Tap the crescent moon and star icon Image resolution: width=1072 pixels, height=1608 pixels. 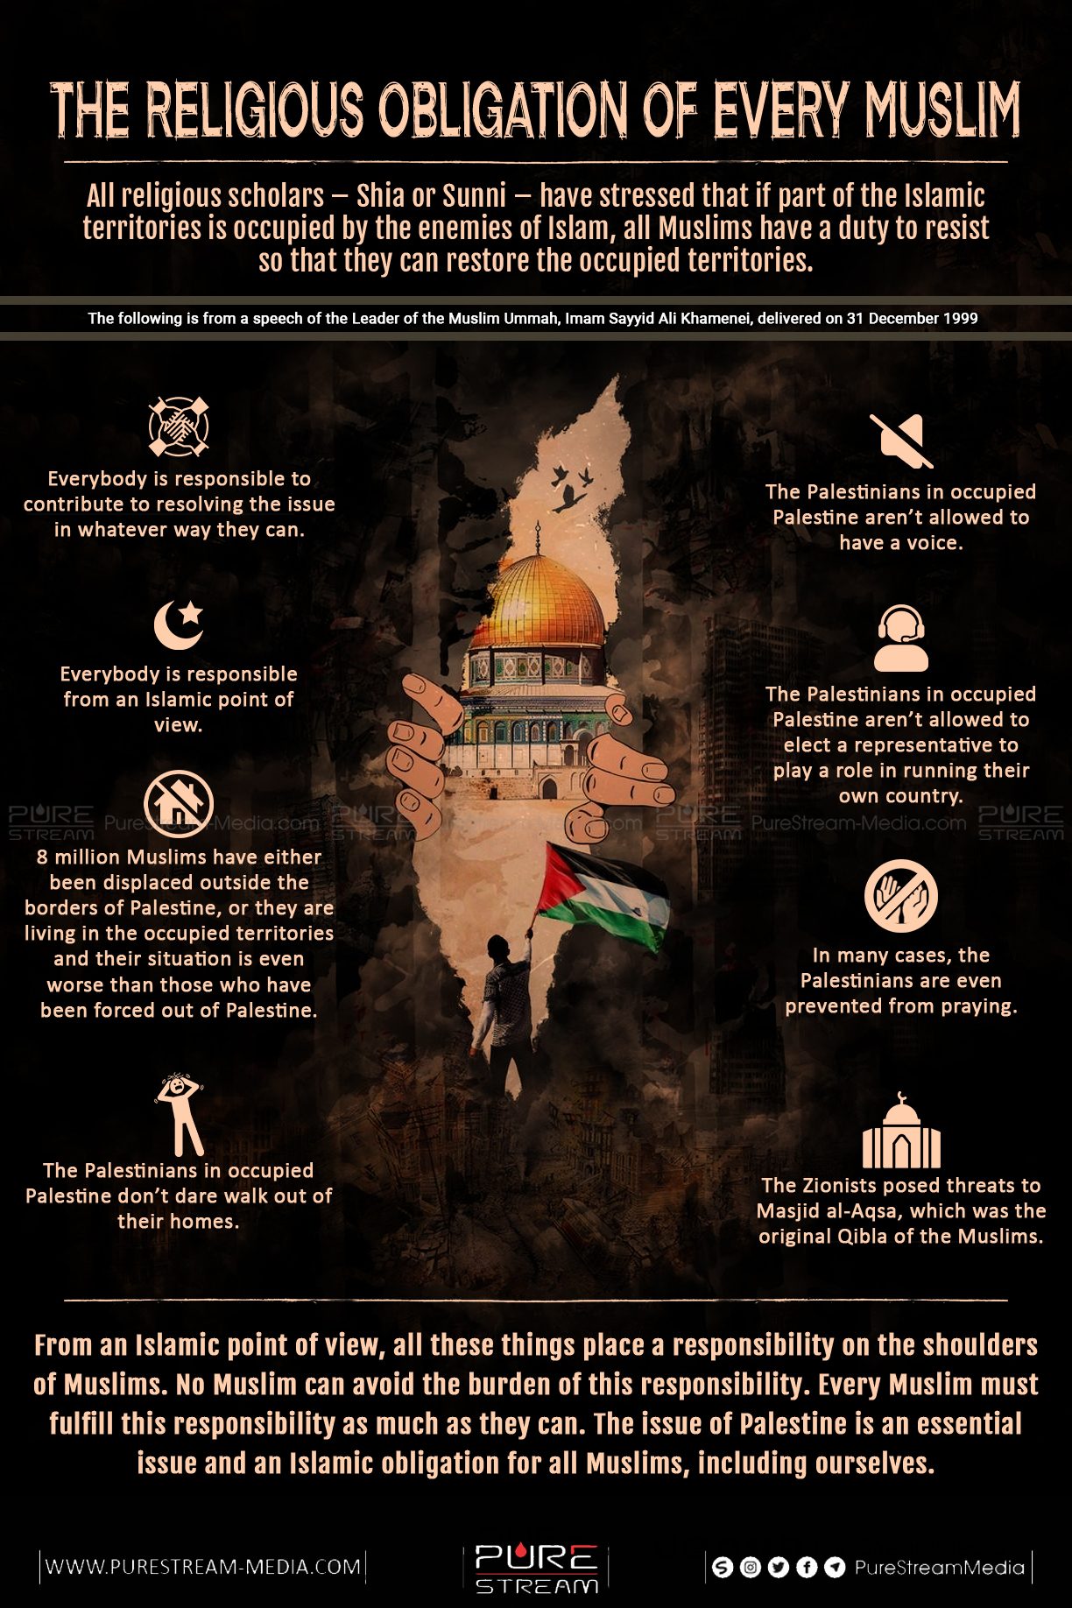click(x=179, y=624)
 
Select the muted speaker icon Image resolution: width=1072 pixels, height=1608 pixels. click(x=901, y=441)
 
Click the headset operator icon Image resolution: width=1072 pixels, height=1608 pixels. click(x=901, y=638)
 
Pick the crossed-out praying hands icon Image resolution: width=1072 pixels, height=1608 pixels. click(x=900, y=896)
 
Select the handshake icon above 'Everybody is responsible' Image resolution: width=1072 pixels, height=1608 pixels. click(x=179, y=427)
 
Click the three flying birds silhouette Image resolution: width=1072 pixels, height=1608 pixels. click(x=570, y=488)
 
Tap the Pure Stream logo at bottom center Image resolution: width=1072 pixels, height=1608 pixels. click(x=536, y=1568)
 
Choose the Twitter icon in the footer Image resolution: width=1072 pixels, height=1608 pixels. click(x=778, y=1567)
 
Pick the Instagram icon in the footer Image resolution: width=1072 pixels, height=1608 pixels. click(x=750, y=1567)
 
